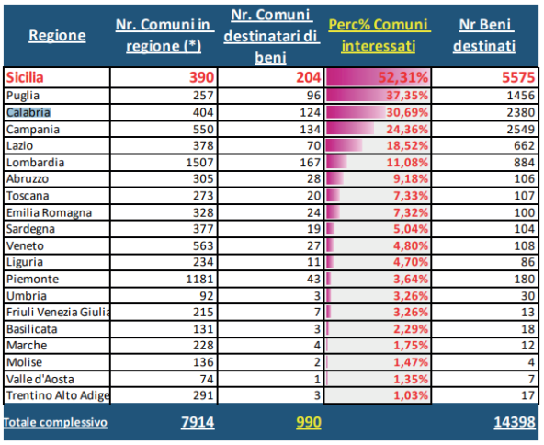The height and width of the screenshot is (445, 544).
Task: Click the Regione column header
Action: pos(57,36)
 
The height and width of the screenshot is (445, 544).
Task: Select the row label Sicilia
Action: pos(28,78)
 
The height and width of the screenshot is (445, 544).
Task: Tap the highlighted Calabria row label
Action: pos(28,112)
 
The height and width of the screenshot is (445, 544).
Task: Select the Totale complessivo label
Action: pos(54,422)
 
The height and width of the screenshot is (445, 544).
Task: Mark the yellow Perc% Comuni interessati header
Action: pos(379,36)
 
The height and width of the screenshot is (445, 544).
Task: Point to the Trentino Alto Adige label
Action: pos(57,395)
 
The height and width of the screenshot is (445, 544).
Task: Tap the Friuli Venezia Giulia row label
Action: pos(57,312)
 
